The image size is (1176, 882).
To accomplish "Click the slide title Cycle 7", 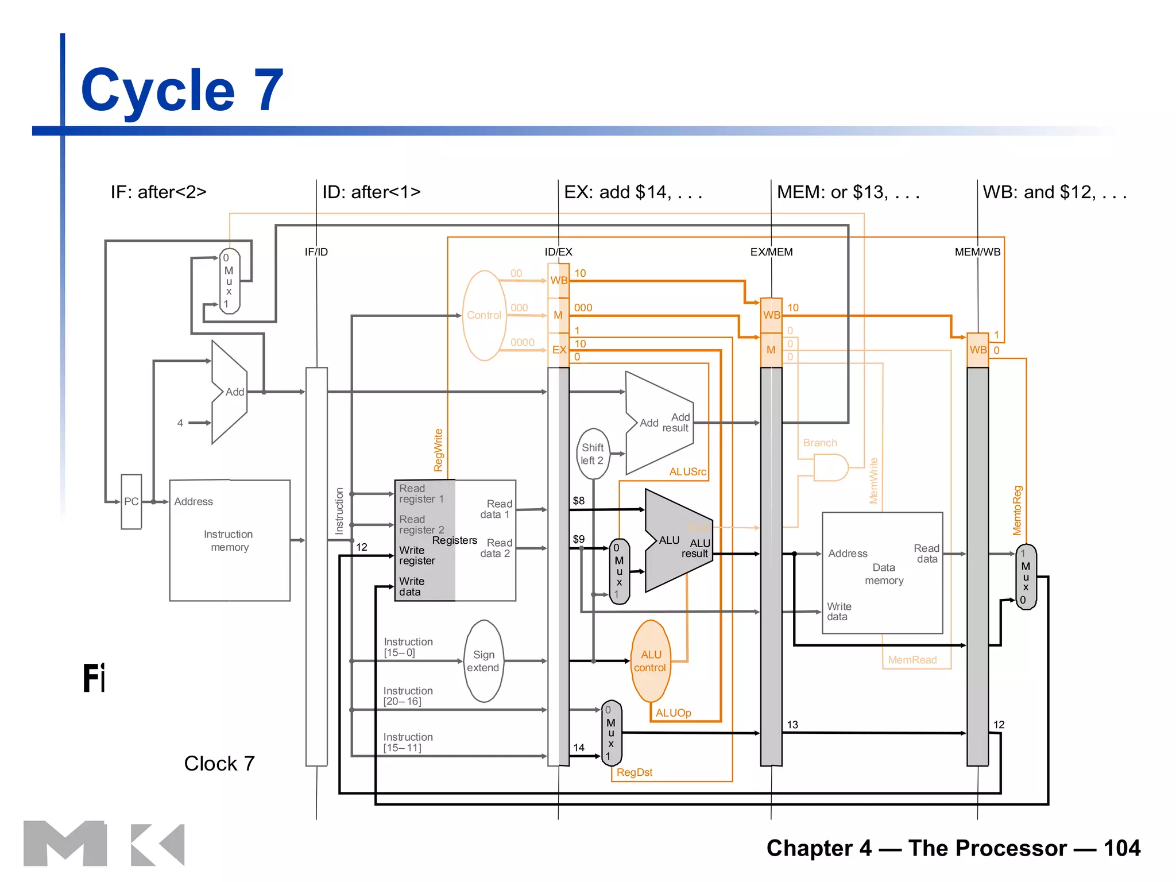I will pos(182,90).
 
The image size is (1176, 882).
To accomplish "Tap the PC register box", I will pos(131,501).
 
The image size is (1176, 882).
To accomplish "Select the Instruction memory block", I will pos(229,540).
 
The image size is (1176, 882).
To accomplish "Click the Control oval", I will pos(484,315).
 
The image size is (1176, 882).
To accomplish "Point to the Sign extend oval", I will pos(483,661).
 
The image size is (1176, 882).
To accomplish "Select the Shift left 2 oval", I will pos(593,454).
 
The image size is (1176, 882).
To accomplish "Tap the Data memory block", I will pos(883,573).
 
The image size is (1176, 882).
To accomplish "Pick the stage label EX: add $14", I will pos(632,192).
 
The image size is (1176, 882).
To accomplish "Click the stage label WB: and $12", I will pos(1054,192).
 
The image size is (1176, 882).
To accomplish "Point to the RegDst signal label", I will pos(634,772).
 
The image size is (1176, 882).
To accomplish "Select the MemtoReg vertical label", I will pos(1017,510).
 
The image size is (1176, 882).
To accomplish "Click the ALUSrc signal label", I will pos(687,471).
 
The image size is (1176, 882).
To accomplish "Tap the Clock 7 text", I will pos(219,763).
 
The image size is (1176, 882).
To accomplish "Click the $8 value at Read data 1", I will pos(578,501).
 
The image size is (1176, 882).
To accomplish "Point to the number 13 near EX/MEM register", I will pos(792,725).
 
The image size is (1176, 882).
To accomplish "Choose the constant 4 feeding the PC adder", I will pos(180,423).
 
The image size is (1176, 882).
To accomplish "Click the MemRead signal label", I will pos(912,660).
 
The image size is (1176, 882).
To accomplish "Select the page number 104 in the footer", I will pos(1121,848).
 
